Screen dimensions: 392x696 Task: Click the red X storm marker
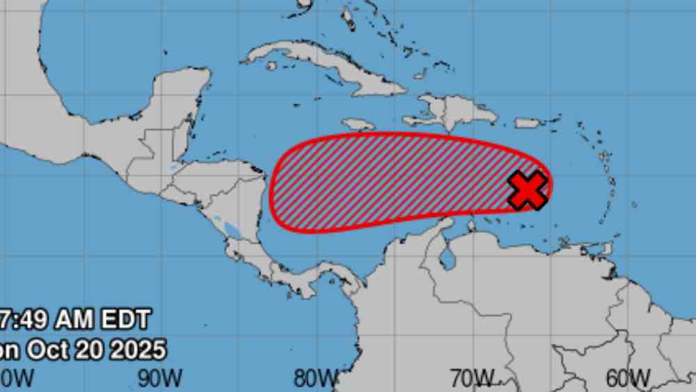click(x=528, y=189)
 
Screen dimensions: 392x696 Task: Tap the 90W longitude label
click(x=159, y=378)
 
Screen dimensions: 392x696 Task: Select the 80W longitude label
click(x=315, y=378)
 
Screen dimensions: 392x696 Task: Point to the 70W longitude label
click(x=471, y=378)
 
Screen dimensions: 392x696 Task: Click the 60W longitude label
click(x=628, y=378)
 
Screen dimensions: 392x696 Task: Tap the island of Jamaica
click(x=358, y=124)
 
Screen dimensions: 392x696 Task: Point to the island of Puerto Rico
click(x=529, y=123)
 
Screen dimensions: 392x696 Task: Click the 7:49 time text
click(x=26, y=320)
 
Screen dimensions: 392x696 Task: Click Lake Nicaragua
click(x=228, y=226)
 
